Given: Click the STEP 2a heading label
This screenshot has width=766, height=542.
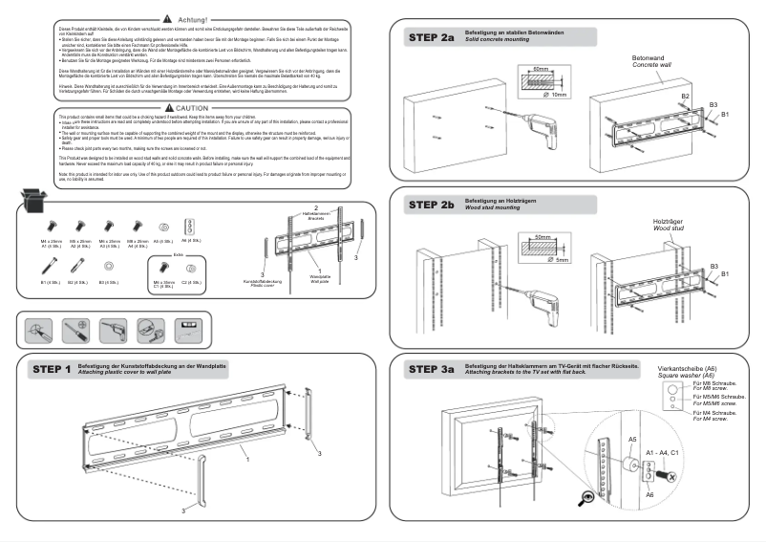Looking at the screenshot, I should [432, 38].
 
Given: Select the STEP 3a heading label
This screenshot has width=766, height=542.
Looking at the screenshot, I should [432, 369].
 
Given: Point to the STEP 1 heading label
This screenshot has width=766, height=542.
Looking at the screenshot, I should [52, 369].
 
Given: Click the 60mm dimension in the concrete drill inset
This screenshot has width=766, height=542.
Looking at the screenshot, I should [542, 70].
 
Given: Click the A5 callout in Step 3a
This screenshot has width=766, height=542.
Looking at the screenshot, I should [632, 439].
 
